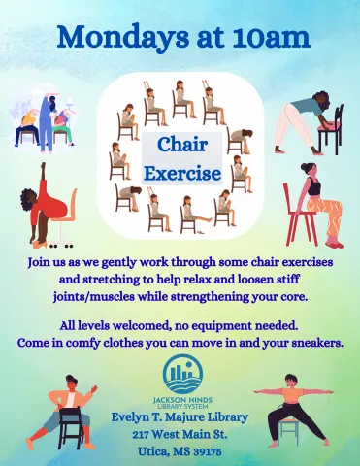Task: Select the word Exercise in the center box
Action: click(x=171, y=174)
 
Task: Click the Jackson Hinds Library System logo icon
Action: click(x=181, y=375)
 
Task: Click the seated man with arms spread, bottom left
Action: click(x=64, y=409)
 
